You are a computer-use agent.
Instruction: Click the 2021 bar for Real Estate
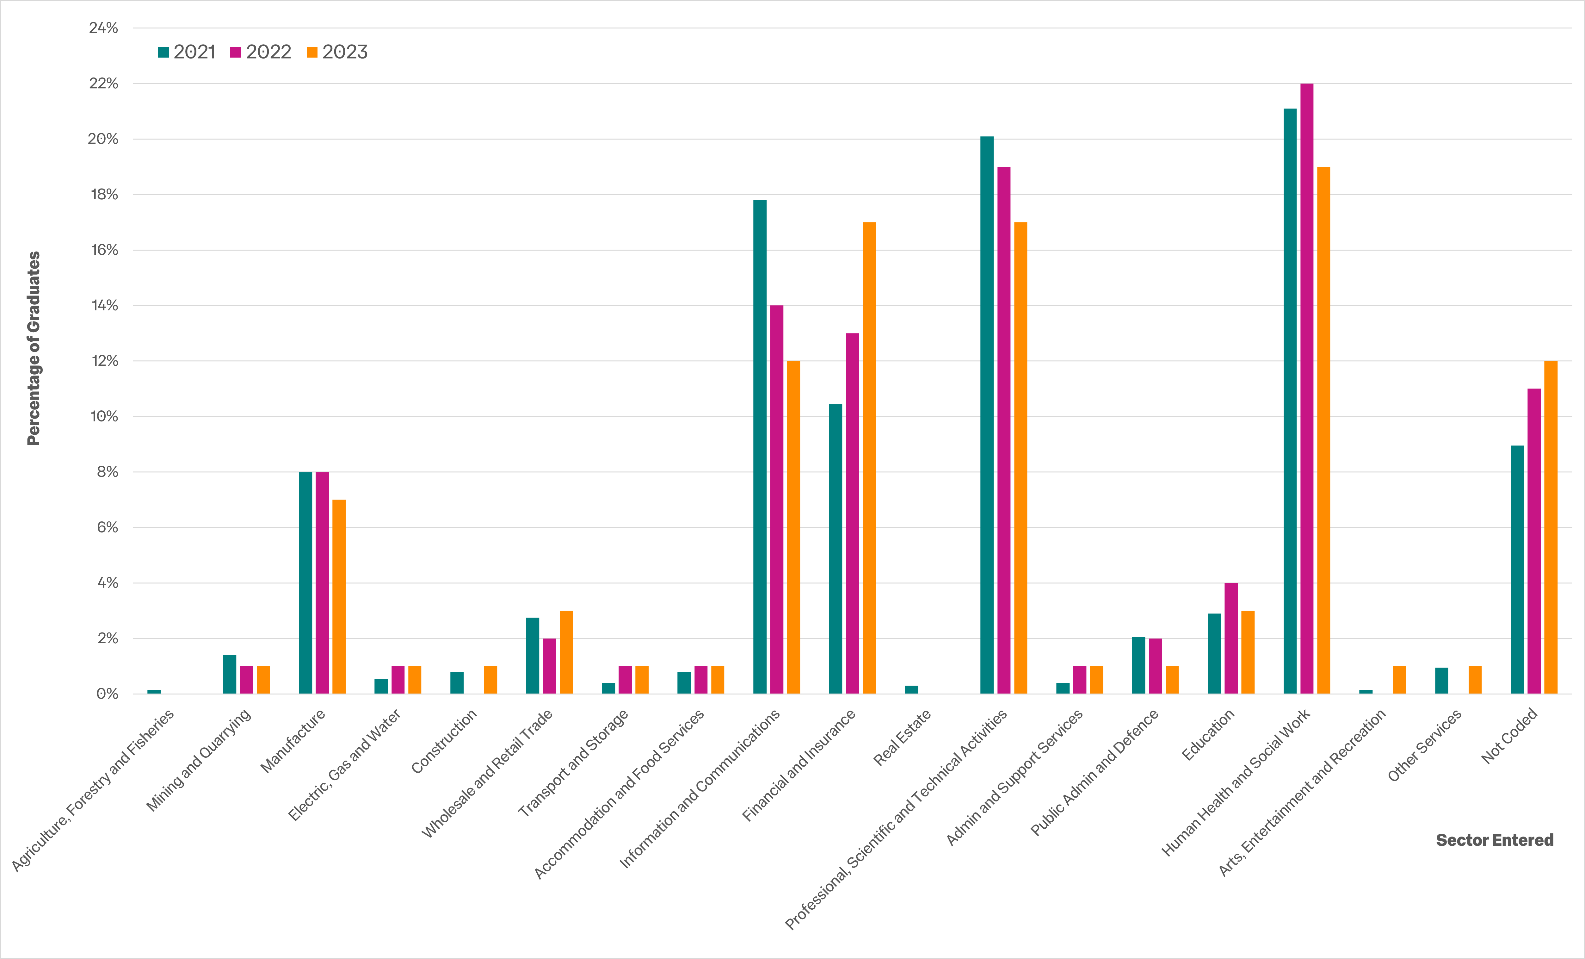click(x=911, y=689)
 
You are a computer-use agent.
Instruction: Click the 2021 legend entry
click(x=187, y=52)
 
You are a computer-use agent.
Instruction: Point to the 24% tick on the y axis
click(x=103, y=28)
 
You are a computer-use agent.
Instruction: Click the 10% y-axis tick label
click(x=103, y=416)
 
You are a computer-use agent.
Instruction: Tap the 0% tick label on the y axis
click(x=107, y=694)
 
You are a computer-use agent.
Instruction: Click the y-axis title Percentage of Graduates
click(x=34, y=348)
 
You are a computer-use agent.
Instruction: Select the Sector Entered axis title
click(x=1494, y=840)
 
